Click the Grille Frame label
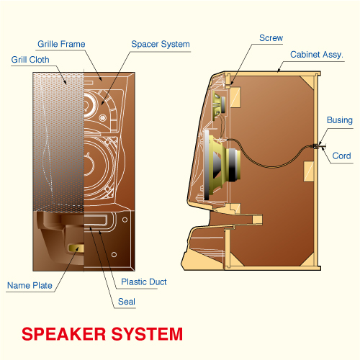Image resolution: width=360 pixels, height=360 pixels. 61,44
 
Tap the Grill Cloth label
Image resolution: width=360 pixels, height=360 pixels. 30,60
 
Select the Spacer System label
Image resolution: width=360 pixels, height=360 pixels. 161,45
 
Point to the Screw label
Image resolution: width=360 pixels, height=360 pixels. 271,38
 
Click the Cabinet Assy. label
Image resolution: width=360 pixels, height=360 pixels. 317,55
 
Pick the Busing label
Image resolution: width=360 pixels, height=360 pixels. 340,120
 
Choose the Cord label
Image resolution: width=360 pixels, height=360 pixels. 341,156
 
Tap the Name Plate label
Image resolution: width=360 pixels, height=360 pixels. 30,285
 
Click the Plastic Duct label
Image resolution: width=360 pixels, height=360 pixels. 143,282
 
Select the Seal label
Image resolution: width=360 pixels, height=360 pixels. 127,302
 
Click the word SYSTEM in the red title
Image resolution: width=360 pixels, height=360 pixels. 147,334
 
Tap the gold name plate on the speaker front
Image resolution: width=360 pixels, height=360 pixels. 76,248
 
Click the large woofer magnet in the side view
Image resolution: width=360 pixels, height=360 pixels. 233,165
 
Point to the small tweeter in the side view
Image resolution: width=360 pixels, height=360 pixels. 219,105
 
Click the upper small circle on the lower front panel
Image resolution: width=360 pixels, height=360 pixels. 125,220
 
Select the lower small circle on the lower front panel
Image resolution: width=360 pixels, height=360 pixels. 114,254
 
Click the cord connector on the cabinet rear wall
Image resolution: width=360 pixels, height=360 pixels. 318,145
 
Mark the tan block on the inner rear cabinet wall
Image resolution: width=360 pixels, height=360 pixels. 309,171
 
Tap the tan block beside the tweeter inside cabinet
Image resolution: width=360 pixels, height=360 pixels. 235,97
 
